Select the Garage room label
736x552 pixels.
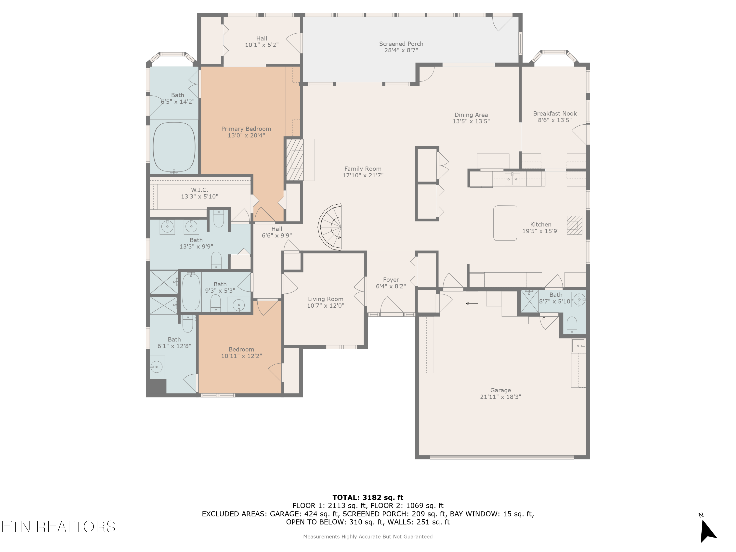click(500, 390)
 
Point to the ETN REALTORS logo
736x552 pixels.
click(59, 526)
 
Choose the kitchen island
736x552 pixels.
click(505, 223)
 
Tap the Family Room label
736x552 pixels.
click(363, 169)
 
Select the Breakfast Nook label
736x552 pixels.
click(555, 113)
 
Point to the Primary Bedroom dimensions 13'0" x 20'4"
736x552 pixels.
click(246, 135)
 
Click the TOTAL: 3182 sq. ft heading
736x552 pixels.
click(368, 498)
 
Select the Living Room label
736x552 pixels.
click(325, 299)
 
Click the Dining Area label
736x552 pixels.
click(471, 115)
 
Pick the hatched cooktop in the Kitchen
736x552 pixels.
click(575, 225)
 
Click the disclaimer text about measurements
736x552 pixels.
click(368, 536)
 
